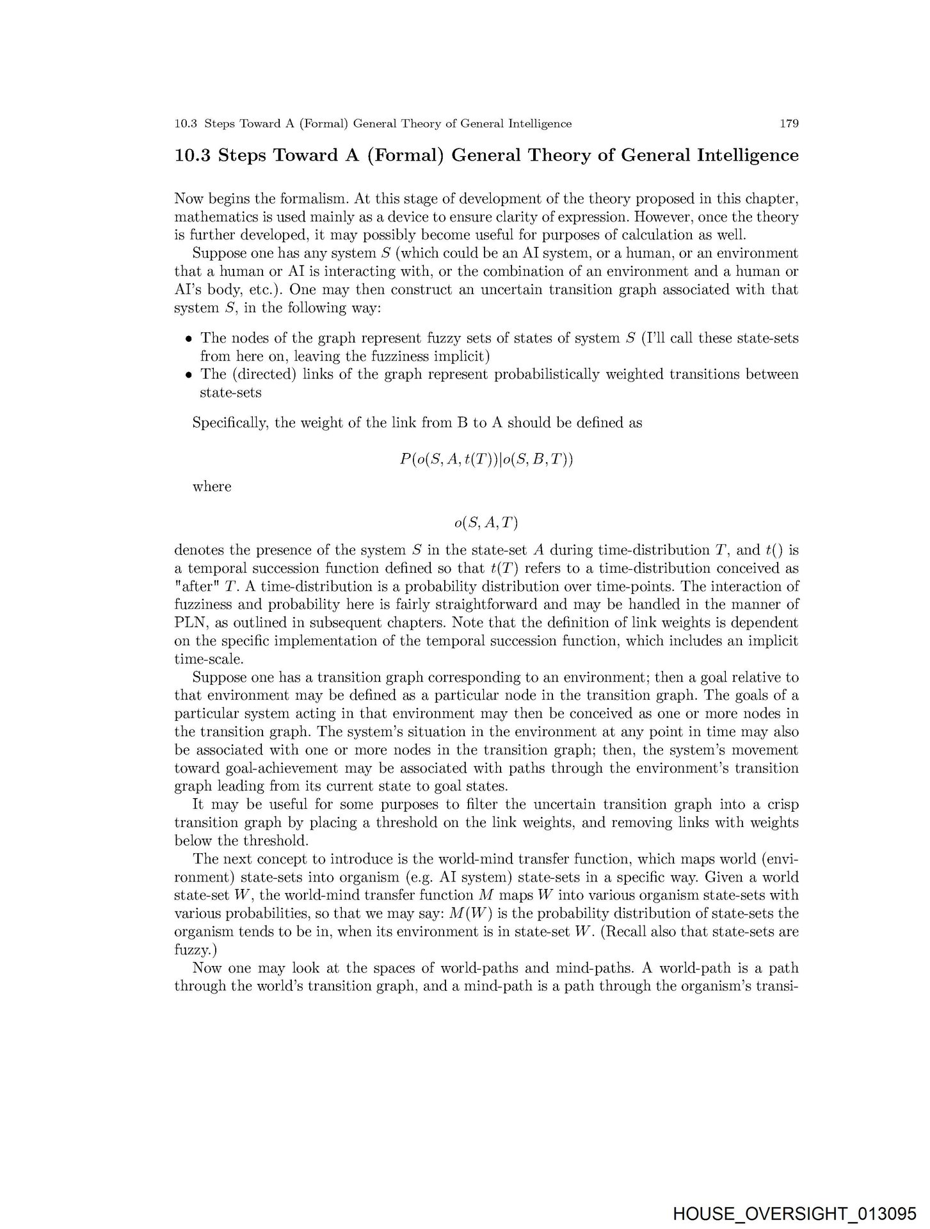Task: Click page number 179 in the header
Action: [x=789, y=124]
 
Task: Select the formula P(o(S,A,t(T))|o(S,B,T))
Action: [x=486, y=459]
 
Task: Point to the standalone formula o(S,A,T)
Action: [x=486, y=523]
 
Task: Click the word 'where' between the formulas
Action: [x=212, y=486]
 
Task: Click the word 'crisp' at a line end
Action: [x=782, y=805]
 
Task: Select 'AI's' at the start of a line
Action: [x=189, y=289]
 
